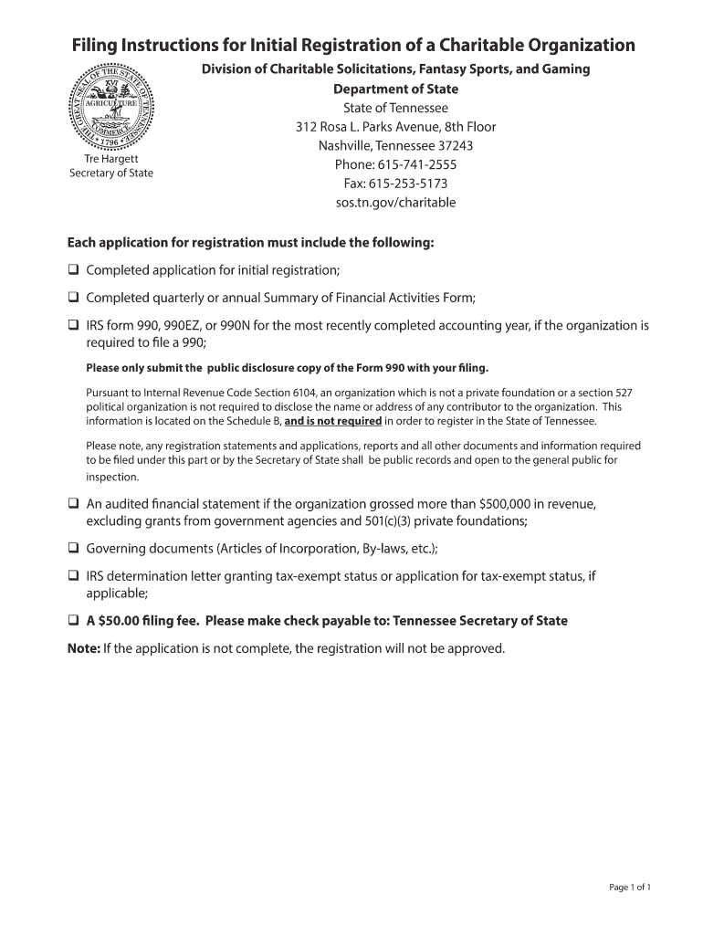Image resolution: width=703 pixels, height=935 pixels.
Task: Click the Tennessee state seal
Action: (x=111, y=108)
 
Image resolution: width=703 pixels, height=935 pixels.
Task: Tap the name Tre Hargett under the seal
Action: (x=111, y=159)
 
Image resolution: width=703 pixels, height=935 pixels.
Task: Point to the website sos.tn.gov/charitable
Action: (x=395, y=203)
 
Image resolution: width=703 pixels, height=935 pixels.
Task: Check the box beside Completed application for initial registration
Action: (x=73, y=270)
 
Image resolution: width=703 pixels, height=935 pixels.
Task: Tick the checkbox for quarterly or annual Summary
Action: (x=73, y=298)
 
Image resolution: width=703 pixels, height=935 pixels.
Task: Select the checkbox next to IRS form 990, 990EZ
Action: (x=73, y=325)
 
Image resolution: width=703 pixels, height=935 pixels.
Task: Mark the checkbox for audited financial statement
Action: (x=73, y=503)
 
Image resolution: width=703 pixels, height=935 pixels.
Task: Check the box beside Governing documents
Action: (x=73, y=549)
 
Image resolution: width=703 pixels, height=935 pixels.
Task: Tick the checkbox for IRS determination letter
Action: (x=73, y=576)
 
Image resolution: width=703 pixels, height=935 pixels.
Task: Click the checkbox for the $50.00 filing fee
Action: (x=73, y=621)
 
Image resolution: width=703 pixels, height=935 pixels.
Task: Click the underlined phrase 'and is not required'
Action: (x=333, y=422)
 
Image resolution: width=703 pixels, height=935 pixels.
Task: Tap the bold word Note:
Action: (x=84, y=648)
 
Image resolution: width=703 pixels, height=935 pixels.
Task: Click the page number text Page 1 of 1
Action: (x=630, y=887)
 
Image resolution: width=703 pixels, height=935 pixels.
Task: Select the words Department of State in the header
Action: (x=395, y=89)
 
